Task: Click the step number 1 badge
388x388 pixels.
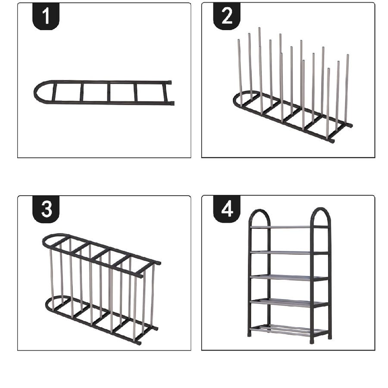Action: point(46,16)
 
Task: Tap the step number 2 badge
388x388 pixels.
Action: point(227,16)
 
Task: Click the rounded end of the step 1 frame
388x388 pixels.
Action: point(35,92)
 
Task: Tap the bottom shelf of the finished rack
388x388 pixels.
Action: point(288,330)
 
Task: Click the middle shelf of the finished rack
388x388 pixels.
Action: point(289,278)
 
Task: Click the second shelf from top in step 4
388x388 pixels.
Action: point(289,253)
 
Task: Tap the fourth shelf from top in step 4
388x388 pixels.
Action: point(289,303)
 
